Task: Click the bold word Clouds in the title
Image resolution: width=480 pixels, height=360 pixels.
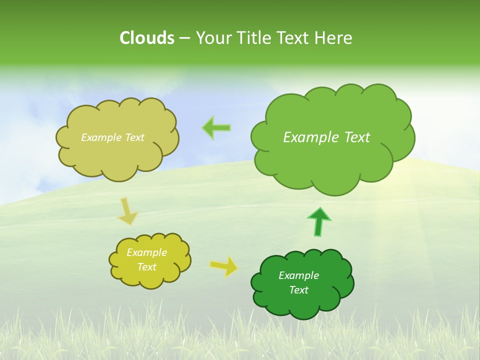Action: coord(147,38)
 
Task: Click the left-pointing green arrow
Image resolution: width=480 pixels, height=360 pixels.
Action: coord(216,128)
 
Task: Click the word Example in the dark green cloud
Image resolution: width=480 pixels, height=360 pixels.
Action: coord(298,275)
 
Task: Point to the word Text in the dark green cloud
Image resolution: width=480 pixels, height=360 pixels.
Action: coord(298,290)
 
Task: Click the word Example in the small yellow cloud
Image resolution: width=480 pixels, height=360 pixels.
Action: coord(146,252)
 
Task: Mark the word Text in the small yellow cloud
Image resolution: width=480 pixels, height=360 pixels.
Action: coord(146,267)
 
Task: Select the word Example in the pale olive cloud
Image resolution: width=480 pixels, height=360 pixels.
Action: coord(101,137)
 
